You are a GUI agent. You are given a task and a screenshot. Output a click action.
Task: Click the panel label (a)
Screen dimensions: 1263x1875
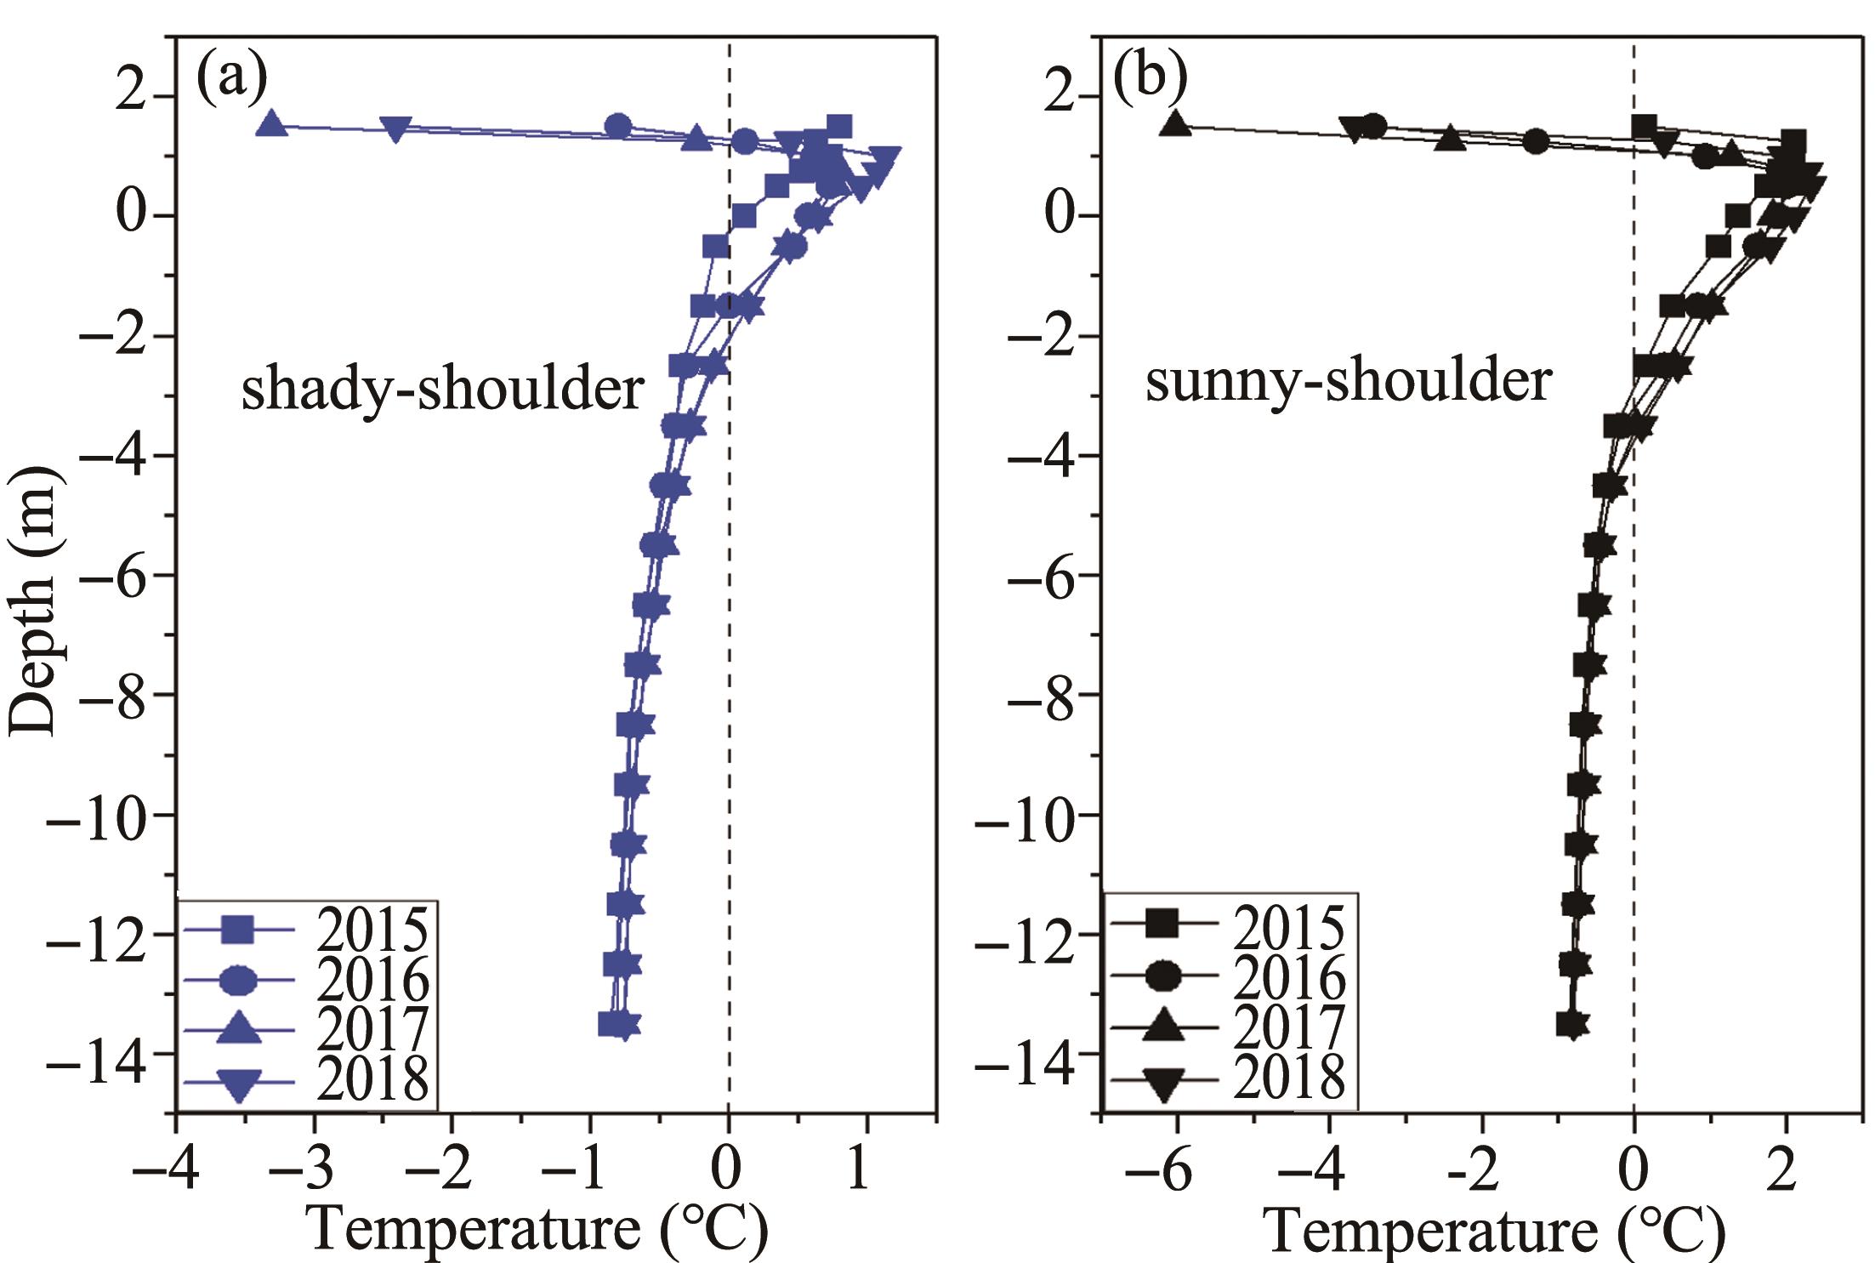coord(231,79)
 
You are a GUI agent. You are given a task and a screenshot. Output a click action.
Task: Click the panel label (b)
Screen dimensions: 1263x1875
coord(1150,79)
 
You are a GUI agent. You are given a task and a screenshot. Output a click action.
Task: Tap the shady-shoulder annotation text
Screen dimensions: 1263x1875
coord(442,389)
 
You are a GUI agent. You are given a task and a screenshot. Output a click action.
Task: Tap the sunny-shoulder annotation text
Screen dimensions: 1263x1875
coord(1349,380)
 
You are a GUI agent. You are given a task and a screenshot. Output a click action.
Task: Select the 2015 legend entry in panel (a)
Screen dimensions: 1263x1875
coord(306,930)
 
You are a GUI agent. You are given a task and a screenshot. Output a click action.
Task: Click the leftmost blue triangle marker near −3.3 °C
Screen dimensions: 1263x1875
coord(271,124)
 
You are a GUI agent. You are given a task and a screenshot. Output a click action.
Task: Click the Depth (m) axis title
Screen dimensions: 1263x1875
coord(36,600)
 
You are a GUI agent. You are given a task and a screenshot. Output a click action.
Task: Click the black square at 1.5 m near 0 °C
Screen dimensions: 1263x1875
coord(1644,127)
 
